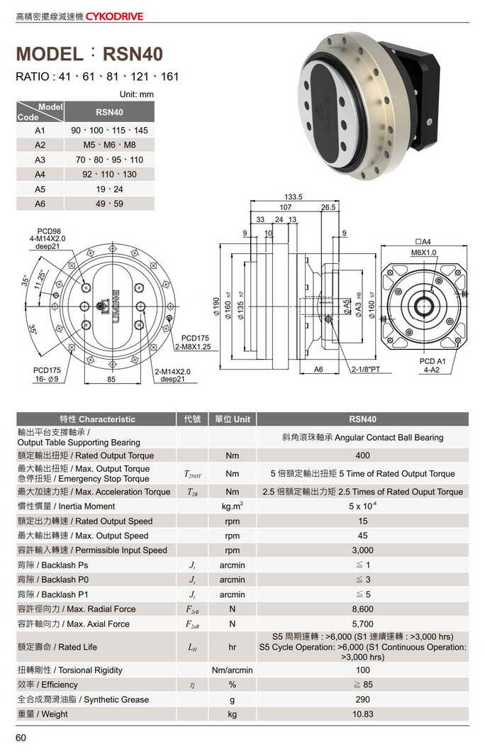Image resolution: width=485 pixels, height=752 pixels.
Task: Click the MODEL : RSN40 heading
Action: [x=89, y=55]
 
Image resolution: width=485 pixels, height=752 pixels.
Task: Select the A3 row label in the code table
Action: [x=40, y=160]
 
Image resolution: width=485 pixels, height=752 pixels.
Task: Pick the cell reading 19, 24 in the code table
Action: [x=109, y=189]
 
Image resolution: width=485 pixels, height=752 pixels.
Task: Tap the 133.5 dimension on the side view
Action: [x=294, y=197]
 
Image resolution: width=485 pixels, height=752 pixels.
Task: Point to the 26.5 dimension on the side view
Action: [x=328, y=208]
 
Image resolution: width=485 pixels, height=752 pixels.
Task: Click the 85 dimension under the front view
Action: [x=111, y=380]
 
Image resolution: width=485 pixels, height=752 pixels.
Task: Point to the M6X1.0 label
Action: [x=423, y=253]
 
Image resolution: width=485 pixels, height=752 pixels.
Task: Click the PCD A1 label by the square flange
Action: [x=432, y=361]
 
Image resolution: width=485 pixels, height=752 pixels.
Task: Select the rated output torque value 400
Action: [x=362, y=455]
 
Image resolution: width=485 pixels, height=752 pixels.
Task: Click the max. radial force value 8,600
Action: [x=362, y=609]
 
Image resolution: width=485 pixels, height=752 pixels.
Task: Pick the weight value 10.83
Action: [x=362, y=714]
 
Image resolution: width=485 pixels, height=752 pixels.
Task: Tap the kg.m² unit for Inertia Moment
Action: [x=233, y=507]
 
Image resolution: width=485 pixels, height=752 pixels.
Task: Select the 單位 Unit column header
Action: [x=233, y=419]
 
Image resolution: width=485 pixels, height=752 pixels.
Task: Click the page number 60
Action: [x=21, y=739]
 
